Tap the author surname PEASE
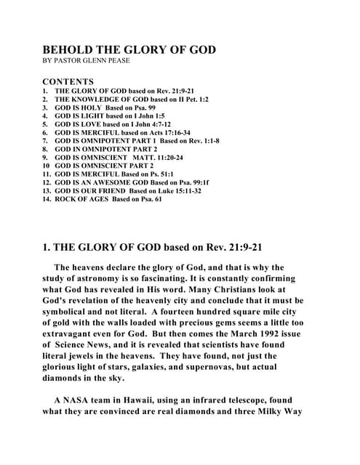click(x=116, y=61)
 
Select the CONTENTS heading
click(x=68, y=81)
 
